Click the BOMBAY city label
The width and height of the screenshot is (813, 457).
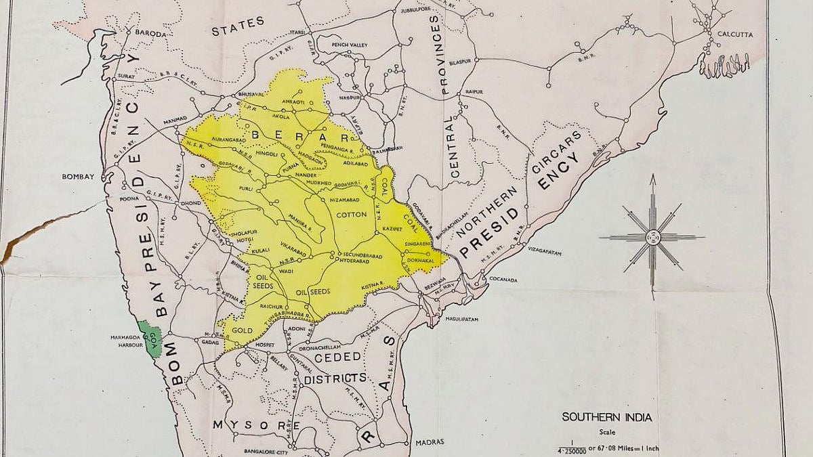77,177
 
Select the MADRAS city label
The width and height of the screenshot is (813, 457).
430,441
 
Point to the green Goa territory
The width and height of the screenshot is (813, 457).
148,336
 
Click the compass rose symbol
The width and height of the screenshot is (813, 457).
652,237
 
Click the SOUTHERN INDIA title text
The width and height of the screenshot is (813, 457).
606,417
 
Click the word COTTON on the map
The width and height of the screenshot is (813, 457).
351,215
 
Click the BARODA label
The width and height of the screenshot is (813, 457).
150,32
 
